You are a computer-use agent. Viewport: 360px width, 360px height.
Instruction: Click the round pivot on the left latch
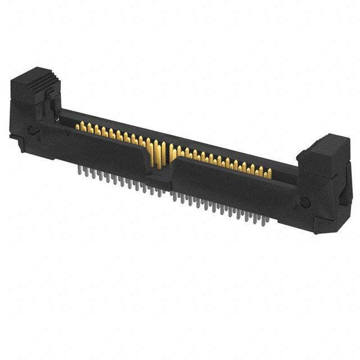tap(33, 130)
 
